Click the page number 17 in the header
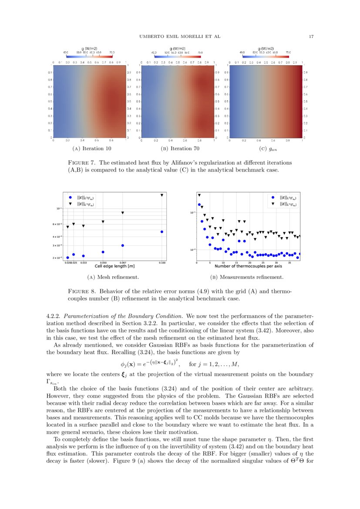coord(311,36)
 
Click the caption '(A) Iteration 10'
coord(91,148)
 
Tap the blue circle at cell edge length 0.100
coord(162,232)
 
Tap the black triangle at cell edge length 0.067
coord(123,213)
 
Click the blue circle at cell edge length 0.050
coord(103,252)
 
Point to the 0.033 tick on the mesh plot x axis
coord(84,263)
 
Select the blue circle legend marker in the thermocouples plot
coord(273,197)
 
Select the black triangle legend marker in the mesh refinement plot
coord(71,203)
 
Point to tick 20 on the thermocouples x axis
coord(250,263)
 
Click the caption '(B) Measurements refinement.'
coord(246,277)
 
